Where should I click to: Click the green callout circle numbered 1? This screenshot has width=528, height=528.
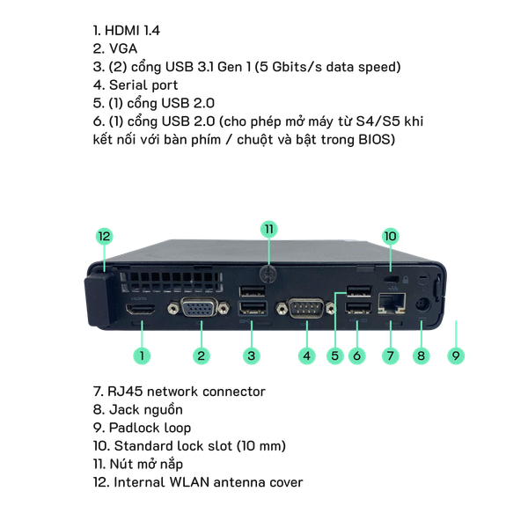point(142,356)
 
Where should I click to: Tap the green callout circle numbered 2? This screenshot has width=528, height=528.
point(202,356)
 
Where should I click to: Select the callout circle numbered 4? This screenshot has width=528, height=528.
point(306,356)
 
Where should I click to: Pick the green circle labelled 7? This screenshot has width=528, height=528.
point(390,356)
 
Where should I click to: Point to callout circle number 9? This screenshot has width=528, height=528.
point(455,356)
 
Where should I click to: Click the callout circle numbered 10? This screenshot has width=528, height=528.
point(390,236)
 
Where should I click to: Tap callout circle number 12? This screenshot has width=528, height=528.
point(104,237)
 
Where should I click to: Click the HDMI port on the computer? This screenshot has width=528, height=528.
point(142,312)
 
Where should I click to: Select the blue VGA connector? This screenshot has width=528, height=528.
point(201,311)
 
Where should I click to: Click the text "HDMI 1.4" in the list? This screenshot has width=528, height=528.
point(130,30)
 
